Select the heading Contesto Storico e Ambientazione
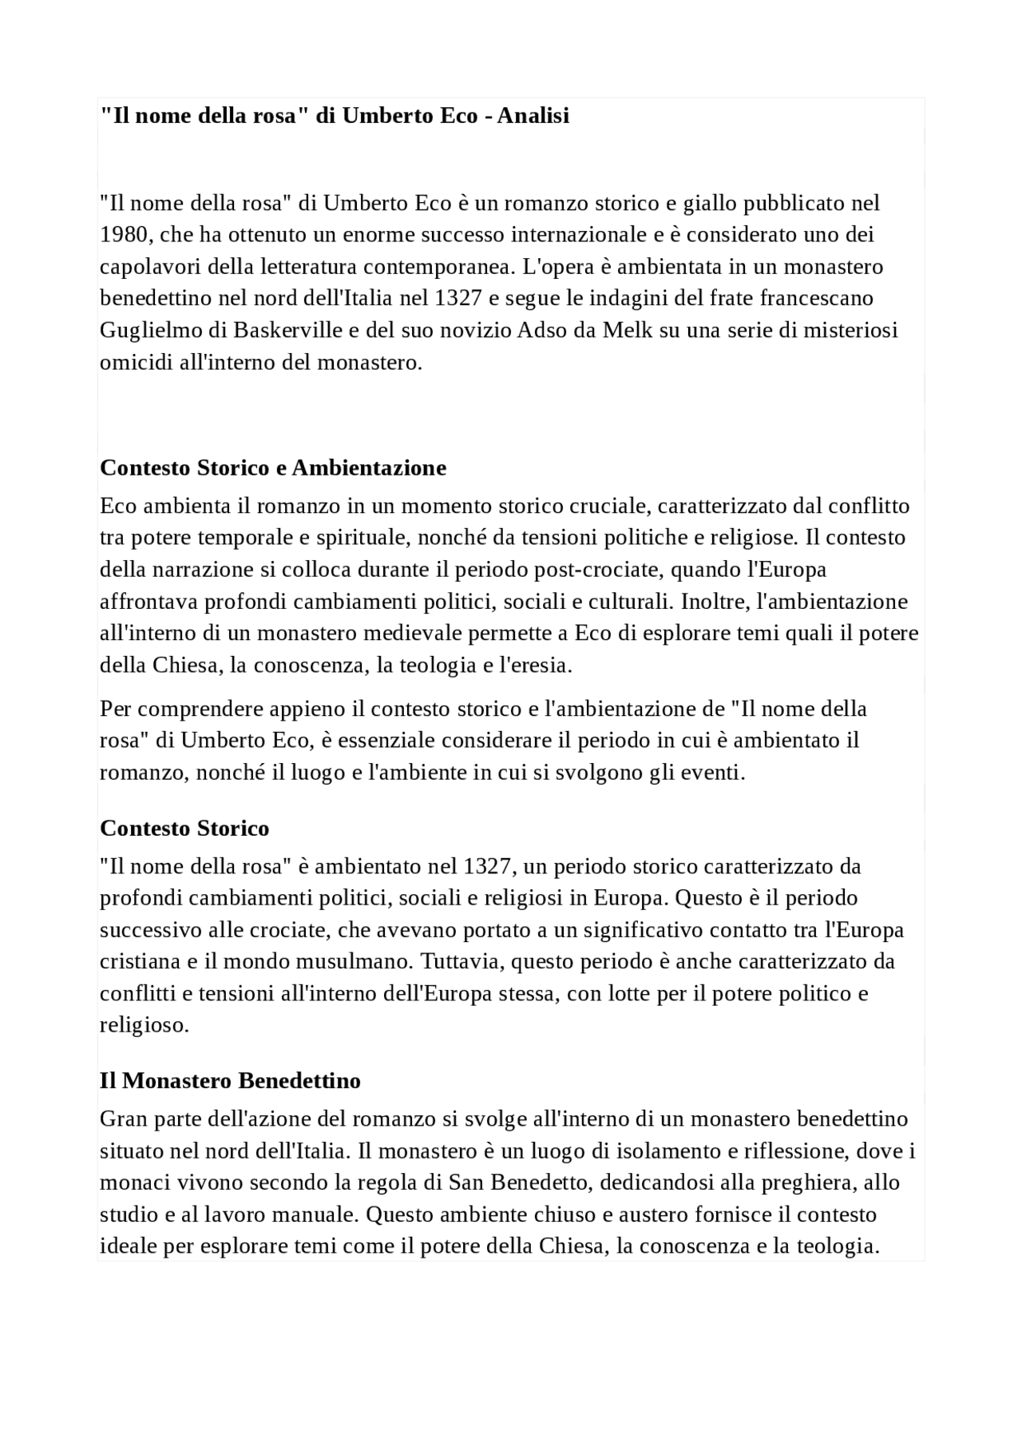click(x=272, y=467)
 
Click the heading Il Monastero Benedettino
click(x=230, y=1081)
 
